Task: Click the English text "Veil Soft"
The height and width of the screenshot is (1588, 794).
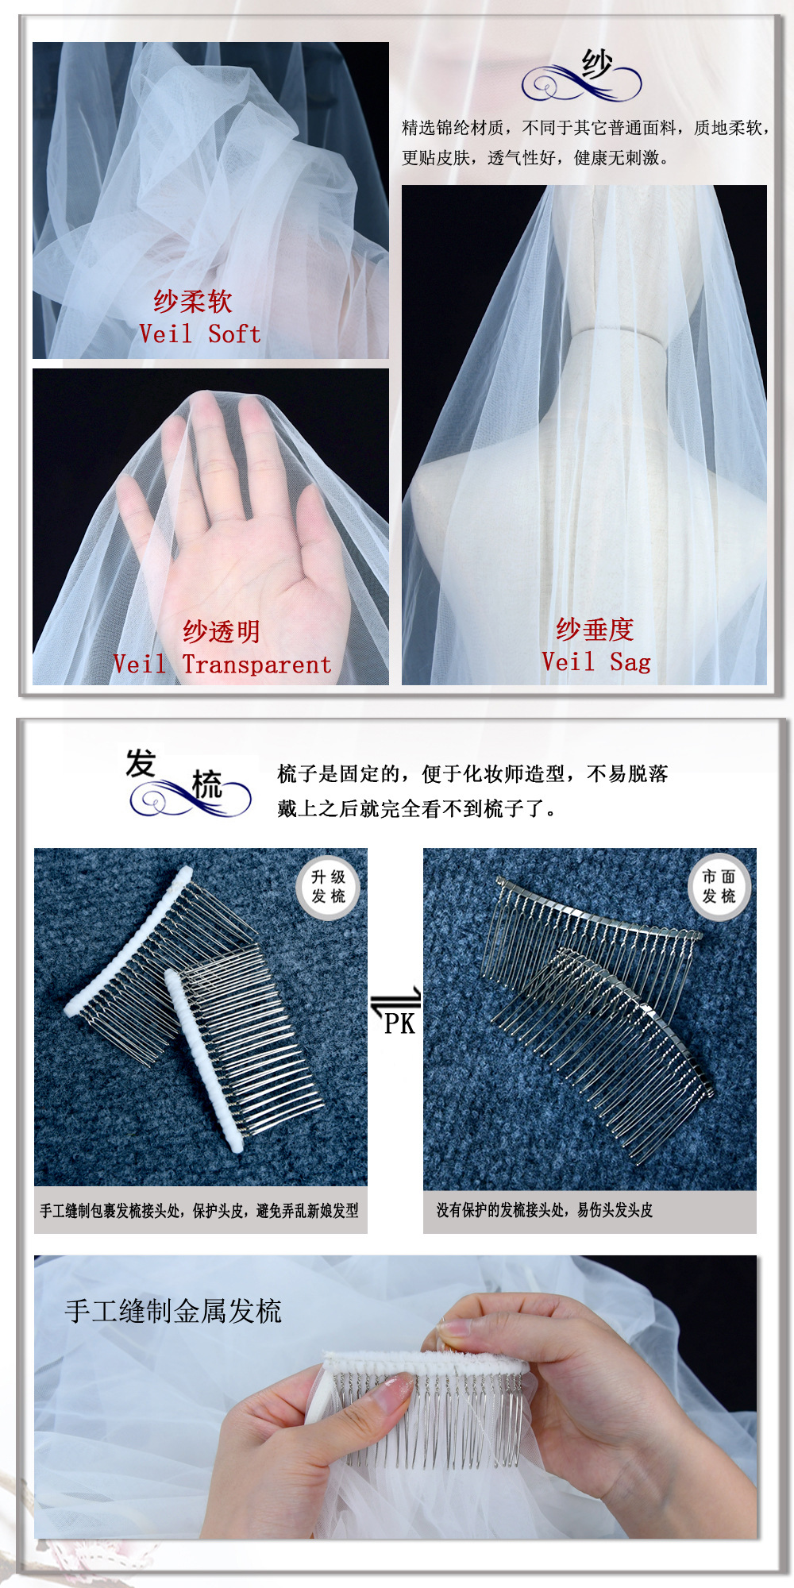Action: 200,333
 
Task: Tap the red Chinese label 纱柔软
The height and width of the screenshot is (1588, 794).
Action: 193,301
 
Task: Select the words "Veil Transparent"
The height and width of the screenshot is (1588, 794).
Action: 222,665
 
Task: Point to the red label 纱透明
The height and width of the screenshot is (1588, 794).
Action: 222,631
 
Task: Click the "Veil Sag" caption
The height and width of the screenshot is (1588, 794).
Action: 596,661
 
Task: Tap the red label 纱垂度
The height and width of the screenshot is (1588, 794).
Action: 595,629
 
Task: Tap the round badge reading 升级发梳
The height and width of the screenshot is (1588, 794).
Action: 329,887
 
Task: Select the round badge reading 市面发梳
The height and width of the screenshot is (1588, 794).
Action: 719,887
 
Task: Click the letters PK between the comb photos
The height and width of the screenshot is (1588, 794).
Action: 399,1023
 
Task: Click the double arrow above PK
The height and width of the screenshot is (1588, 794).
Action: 396,999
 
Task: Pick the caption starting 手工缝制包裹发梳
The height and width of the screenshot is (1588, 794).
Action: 199,1210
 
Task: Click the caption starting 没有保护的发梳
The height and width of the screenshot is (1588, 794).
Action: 545,1210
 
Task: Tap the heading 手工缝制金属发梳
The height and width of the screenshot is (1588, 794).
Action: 173,1311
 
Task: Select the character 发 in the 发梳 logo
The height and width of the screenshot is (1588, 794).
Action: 141,763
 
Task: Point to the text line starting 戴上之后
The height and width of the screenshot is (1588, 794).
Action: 417,808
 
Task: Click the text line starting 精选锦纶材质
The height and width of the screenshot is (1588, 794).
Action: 586,127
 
